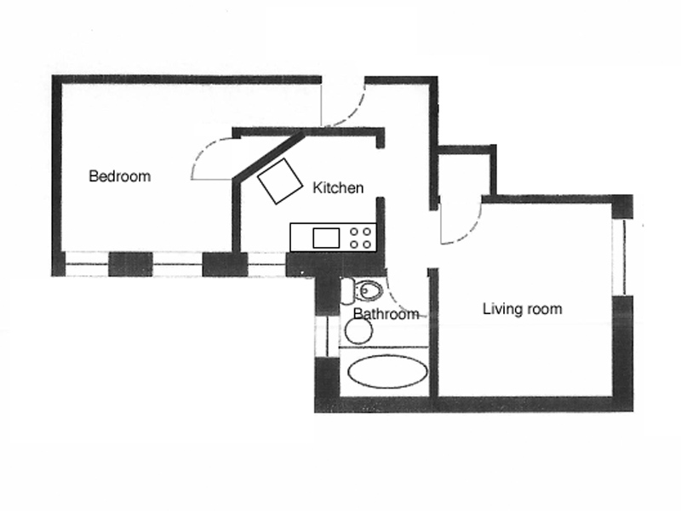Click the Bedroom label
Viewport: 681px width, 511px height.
tap(119, 176)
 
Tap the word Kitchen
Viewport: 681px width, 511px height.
tap(338, 187)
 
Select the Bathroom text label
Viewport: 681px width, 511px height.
tap(386, 314)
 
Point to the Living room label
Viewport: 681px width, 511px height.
tap(522, 308)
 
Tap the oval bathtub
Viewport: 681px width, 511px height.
tap(388, 372)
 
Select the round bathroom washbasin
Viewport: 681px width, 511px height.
tap(358, 330)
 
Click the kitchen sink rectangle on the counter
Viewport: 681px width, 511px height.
tap(326, 237)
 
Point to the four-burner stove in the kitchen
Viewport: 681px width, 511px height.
tap(361, 237)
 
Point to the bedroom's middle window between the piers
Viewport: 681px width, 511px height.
tap(177, 264)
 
